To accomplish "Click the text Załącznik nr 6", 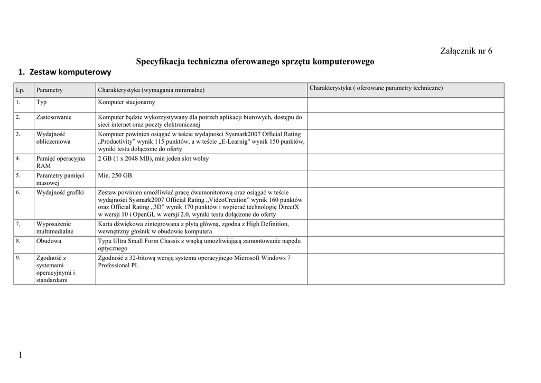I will tap(466, 51).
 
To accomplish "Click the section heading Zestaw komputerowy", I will tap(64, 72).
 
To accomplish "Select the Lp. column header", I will tap(21, 90).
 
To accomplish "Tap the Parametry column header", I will tap(50, 90).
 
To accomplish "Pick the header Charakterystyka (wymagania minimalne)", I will tap(151, 90).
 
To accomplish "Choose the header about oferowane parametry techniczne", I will tap(376, 88).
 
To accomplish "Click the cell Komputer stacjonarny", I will tap(127, 102).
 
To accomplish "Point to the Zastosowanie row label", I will tap(54, 117).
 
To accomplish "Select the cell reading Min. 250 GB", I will tap(115, 175).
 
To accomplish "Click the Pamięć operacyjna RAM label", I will tap(60, 162).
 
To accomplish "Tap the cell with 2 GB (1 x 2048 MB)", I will tap(153, 158).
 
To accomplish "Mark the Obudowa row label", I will tap(49, 241).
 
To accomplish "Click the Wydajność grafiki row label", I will tap(60, 192).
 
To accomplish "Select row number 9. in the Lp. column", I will tap(18, 258).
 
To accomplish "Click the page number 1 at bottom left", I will tap(20, 355).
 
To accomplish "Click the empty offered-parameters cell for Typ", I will tap(405, 105).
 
